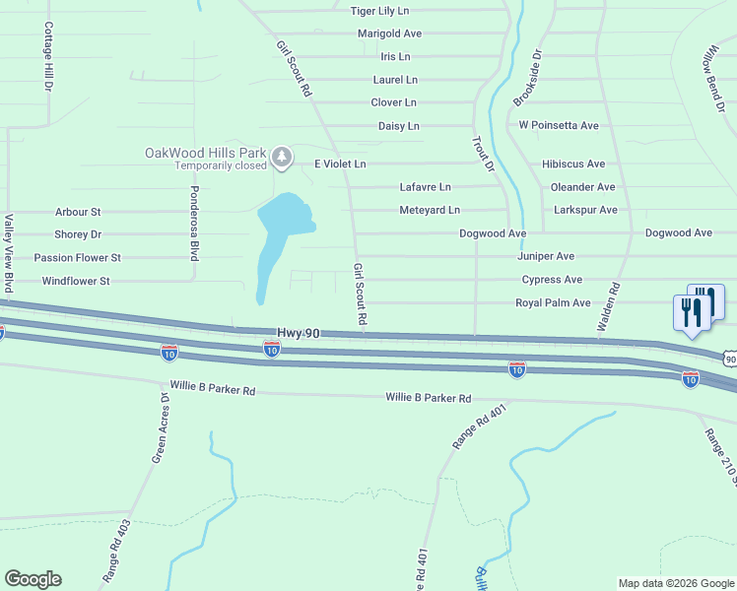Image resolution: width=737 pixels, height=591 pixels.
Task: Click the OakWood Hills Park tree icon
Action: (x=282, y=156)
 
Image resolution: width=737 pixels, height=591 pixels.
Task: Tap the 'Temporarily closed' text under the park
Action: (x=221, y=165)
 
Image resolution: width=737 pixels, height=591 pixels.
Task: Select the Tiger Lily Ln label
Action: (x=380, y=11)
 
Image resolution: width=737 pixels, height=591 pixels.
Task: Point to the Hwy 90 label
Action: (x=299, y=335)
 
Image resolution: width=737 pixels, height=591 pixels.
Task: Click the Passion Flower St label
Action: (x=77, y=258)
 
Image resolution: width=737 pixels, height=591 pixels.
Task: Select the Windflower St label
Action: (x=75, y=282)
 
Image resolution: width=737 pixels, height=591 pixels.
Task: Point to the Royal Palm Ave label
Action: (x=553, y=303)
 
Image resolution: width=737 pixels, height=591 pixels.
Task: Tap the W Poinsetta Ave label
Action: (x=559, y=126)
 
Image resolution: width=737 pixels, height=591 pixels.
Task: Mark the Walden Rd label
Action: (x=607, y=307)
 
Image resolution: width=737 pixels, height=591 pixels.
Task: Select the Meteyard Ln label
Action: (x=430, y=211)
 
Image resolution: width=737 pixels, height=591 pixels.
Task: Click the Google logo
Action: (x=33, y=579)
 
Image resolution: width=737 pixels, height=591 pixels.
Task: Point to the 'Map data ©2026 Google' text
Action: (x=676, y=583)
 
